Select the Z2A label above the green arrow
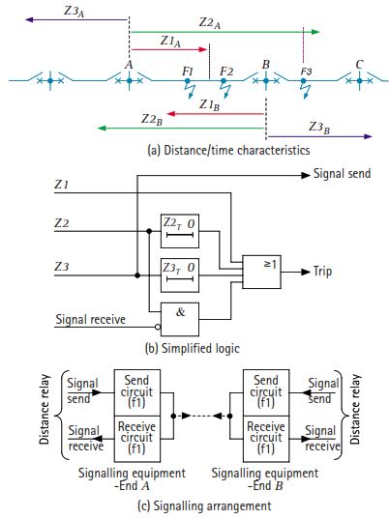click(x=212, y=21)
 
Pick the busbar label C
click(x=359, y=65)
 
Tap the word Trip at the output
click(x=325, y=273)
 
